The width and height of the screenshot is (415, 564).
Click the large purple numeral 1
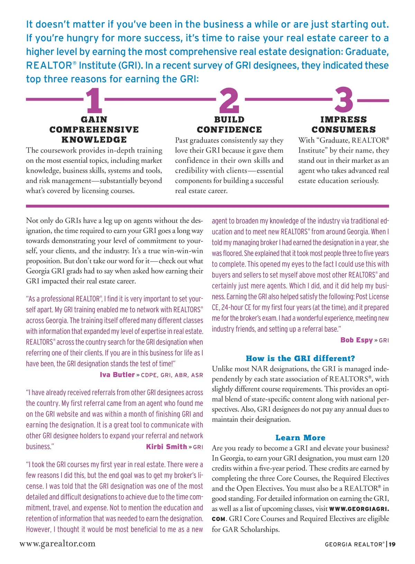(94, 101)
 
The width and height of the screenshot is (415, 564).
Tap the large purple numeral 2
(229, 101)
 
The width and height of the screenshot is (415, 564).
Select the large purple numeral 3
(344, 100)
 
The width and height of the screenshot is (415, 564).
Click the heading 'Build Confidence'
(229, 125)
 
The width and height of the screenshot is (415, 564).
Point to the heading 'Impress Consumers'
(343, 125)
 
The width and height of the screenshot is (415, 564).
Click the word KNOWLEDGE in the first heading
(94, 140)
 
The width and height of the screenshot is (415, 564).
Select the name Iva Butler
(117, 375)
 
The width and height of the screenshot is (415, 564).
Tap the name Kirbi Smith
(166, 447)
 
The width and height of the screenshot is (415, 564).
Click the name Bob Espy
(356, 340)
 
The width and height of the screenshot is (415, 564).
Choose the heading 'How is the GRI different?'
(300, 359)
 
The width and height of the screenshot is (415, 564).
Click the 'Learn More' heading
(300, 438)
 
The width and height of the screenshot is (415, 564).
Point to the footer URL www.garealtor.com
(57, 544)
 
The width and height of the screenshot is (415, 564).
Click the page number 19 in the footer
(392, 544)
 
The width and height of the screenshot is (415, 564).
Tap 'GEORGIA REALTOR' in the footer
(354, 544)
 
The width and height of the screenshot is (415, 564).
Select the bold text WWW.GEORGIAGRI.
(359, 509)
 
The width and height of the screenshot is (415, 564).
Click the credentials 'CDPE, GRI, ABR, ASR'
(172, 375)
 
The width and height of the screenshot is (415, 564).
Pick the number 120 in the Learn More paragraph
(383, 458)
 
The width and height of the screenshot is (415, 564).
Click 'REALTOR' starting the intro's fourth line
(49, 65)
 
